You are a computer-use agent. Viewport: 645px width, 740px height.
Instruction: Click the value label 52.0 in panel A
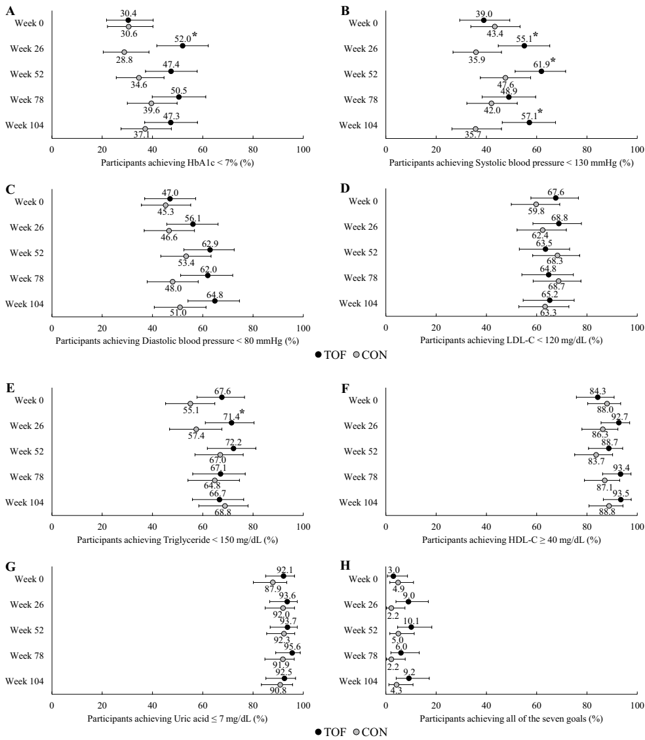coord(182,38)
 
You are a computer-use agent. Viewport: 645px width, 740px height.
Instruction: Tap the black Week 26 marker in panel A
coord(182,45)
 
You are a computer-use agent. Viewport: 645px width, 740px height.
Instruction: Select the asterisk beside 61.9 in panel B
coord(553,61)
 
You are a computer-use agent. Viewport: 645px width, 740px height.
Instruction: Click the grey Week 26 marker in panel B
coord(476,52)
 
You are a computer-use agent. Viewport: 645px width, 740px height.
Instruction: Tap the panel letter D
coord(345,189)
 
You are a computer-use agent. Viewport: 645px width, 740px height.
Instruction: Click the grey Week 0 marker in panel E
coord(190,403)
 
